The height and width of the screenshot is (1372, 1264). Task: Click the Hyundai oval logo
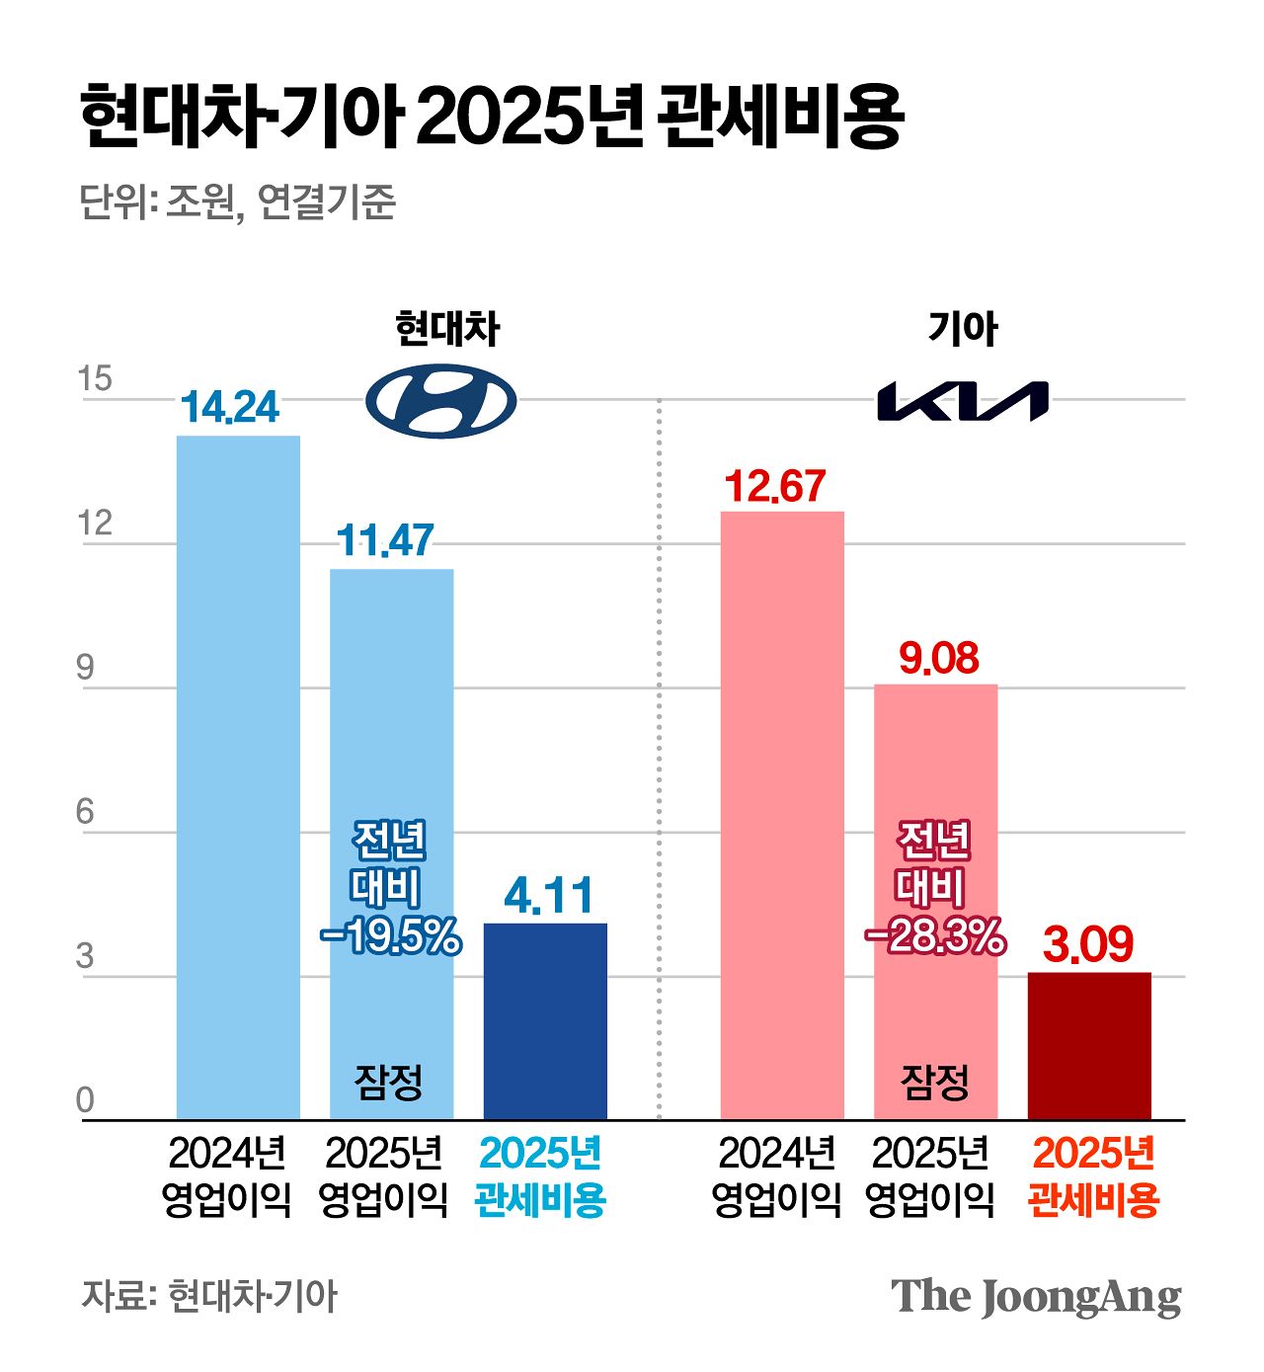(x=441, y=401)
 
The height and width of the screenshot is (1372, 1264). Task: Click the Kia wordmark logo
(x=963, y=402)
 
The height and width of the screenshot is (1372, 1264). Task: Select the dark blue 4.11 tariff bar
(x=545, y=1021)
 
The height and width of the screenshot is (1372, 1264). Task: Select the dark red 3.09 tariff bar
(x=1089, y=1046)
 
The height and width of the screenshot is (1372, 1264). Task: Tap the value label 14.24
(x=230, y=408)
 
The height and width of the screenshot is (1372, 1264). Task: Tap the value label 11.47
(x=385, y=540)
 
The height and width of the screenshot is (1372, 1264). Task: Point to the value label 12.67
(x=775, y=486)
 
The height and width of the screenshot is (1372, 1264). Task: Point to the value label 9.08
(x=938, y=658)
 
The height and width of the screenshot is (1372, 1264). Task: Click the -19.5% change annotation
(x=391, y=935)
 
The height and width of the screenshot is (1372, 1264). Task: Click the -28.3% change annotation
(x=935, y=935)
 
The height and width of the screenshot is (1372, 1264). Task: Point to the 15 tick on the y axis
(x=95, y=379)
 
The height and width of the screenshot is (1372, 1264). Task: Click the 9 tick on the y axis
(x=86, y=668)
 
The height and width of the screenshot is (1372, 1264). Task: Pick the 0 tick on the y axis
(x=86, y=1099)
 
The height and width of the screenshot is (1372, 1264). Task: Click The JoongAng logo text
(x=1036, y=1297)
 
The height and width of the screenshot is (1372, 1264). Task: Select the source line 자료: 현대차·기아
(x=209, y=1296)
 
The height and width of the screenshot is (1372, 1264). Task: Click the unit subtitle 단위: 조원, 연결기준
(x=237, y=202)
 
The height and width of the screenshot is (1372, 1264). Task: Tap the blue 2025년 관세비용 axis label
(x=540, y=1176)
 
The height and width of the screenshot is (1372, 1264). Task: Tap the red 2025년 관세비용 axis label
(x=1093, y=1176)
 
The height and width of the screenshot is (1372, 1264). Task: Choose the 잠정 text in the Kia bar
(x=934, y=1082)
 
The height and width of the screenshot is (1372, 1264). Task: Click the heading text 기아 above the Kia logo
(x=963, y=329)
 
